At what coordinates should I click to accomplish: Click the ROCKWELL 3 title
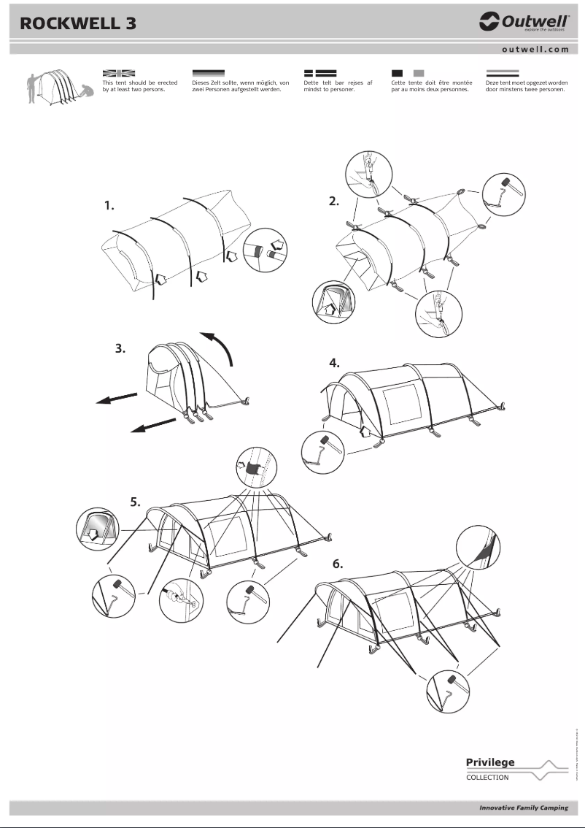[78, 23]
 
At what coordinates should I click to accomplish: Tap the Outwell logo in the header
[523, 23]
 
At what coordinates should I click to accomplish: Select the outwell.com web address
[535, 50]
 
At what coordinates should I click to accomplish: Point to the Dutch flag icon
[502, 73]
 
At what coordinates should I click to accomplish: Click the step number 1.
[109, 206]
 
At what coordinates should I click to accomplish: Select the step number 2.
[334, 202]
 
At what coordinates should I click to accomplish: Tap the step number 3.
[121, 349]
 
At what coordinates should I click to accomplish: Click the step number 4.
[334, 362]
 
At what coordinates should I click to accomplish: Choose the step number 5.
[136, 502]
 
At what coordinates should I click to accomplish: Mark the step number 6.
[337, 564]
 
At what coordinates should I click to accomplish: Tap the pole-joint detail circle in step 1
[266, 250]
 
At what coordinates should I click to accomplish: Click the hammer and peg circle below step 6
[449, 690]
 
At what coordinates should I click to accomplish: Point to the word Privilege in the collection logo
[490, 762]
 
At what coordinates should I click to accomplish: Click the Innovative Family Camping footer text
[523, 808]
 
